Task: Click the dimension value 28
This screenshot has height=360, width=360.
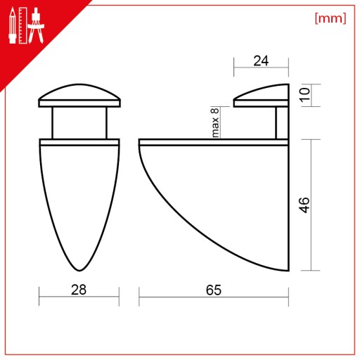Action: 79,290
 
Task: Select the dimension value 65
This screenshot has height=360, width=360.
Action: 214,290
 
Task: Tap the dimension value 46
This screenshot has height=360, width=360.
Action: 304,205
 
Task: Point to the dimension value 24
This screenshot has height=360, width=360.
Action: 261,61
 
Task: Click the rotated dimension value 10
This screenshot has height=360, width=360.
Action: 304,95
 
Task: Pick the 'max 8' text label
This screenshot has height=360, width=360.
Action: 215,122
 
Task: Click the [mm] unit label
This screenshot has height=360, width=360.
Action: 330,18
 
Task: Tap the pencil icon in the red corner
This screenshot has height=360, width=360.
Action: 13,25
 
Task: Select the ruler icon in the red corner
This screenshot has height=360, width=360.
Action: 22,25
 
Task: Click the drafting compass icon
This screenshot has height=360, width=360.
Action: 36,25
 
